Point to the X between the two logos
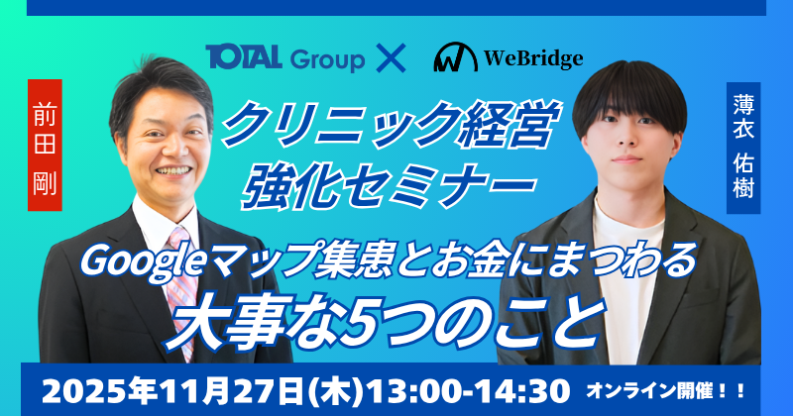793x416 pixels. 394,58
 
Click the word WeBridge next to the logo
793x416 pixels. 533,58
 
